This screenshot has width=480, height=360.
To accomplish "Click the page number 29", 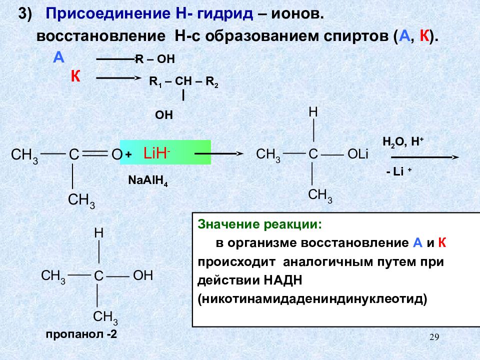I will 434,338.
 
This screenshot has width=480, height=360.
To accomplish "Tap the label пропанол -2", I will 81,335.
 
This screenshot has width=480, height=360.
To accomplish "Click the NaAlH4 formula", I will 148,180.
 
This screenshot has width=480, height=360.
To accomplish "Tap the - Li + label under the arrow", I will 398,171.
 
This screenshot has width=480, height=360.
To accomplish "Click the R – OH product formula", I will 155,59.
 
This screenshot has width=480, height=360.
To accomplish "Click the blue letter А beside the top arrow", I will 59,57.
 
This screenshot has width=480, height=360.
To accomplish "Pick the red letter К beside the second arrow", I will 75,76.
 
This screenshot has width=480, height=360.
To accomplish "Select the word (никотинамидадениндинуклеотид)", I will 312,299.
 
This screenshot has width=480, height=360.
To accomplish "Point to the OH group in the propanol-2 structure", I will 142,275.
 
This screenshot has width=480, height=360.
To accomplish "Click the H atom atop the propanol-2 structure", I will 99,233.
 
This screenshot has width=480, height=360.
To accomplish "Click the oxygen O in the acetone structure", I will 116,155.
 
